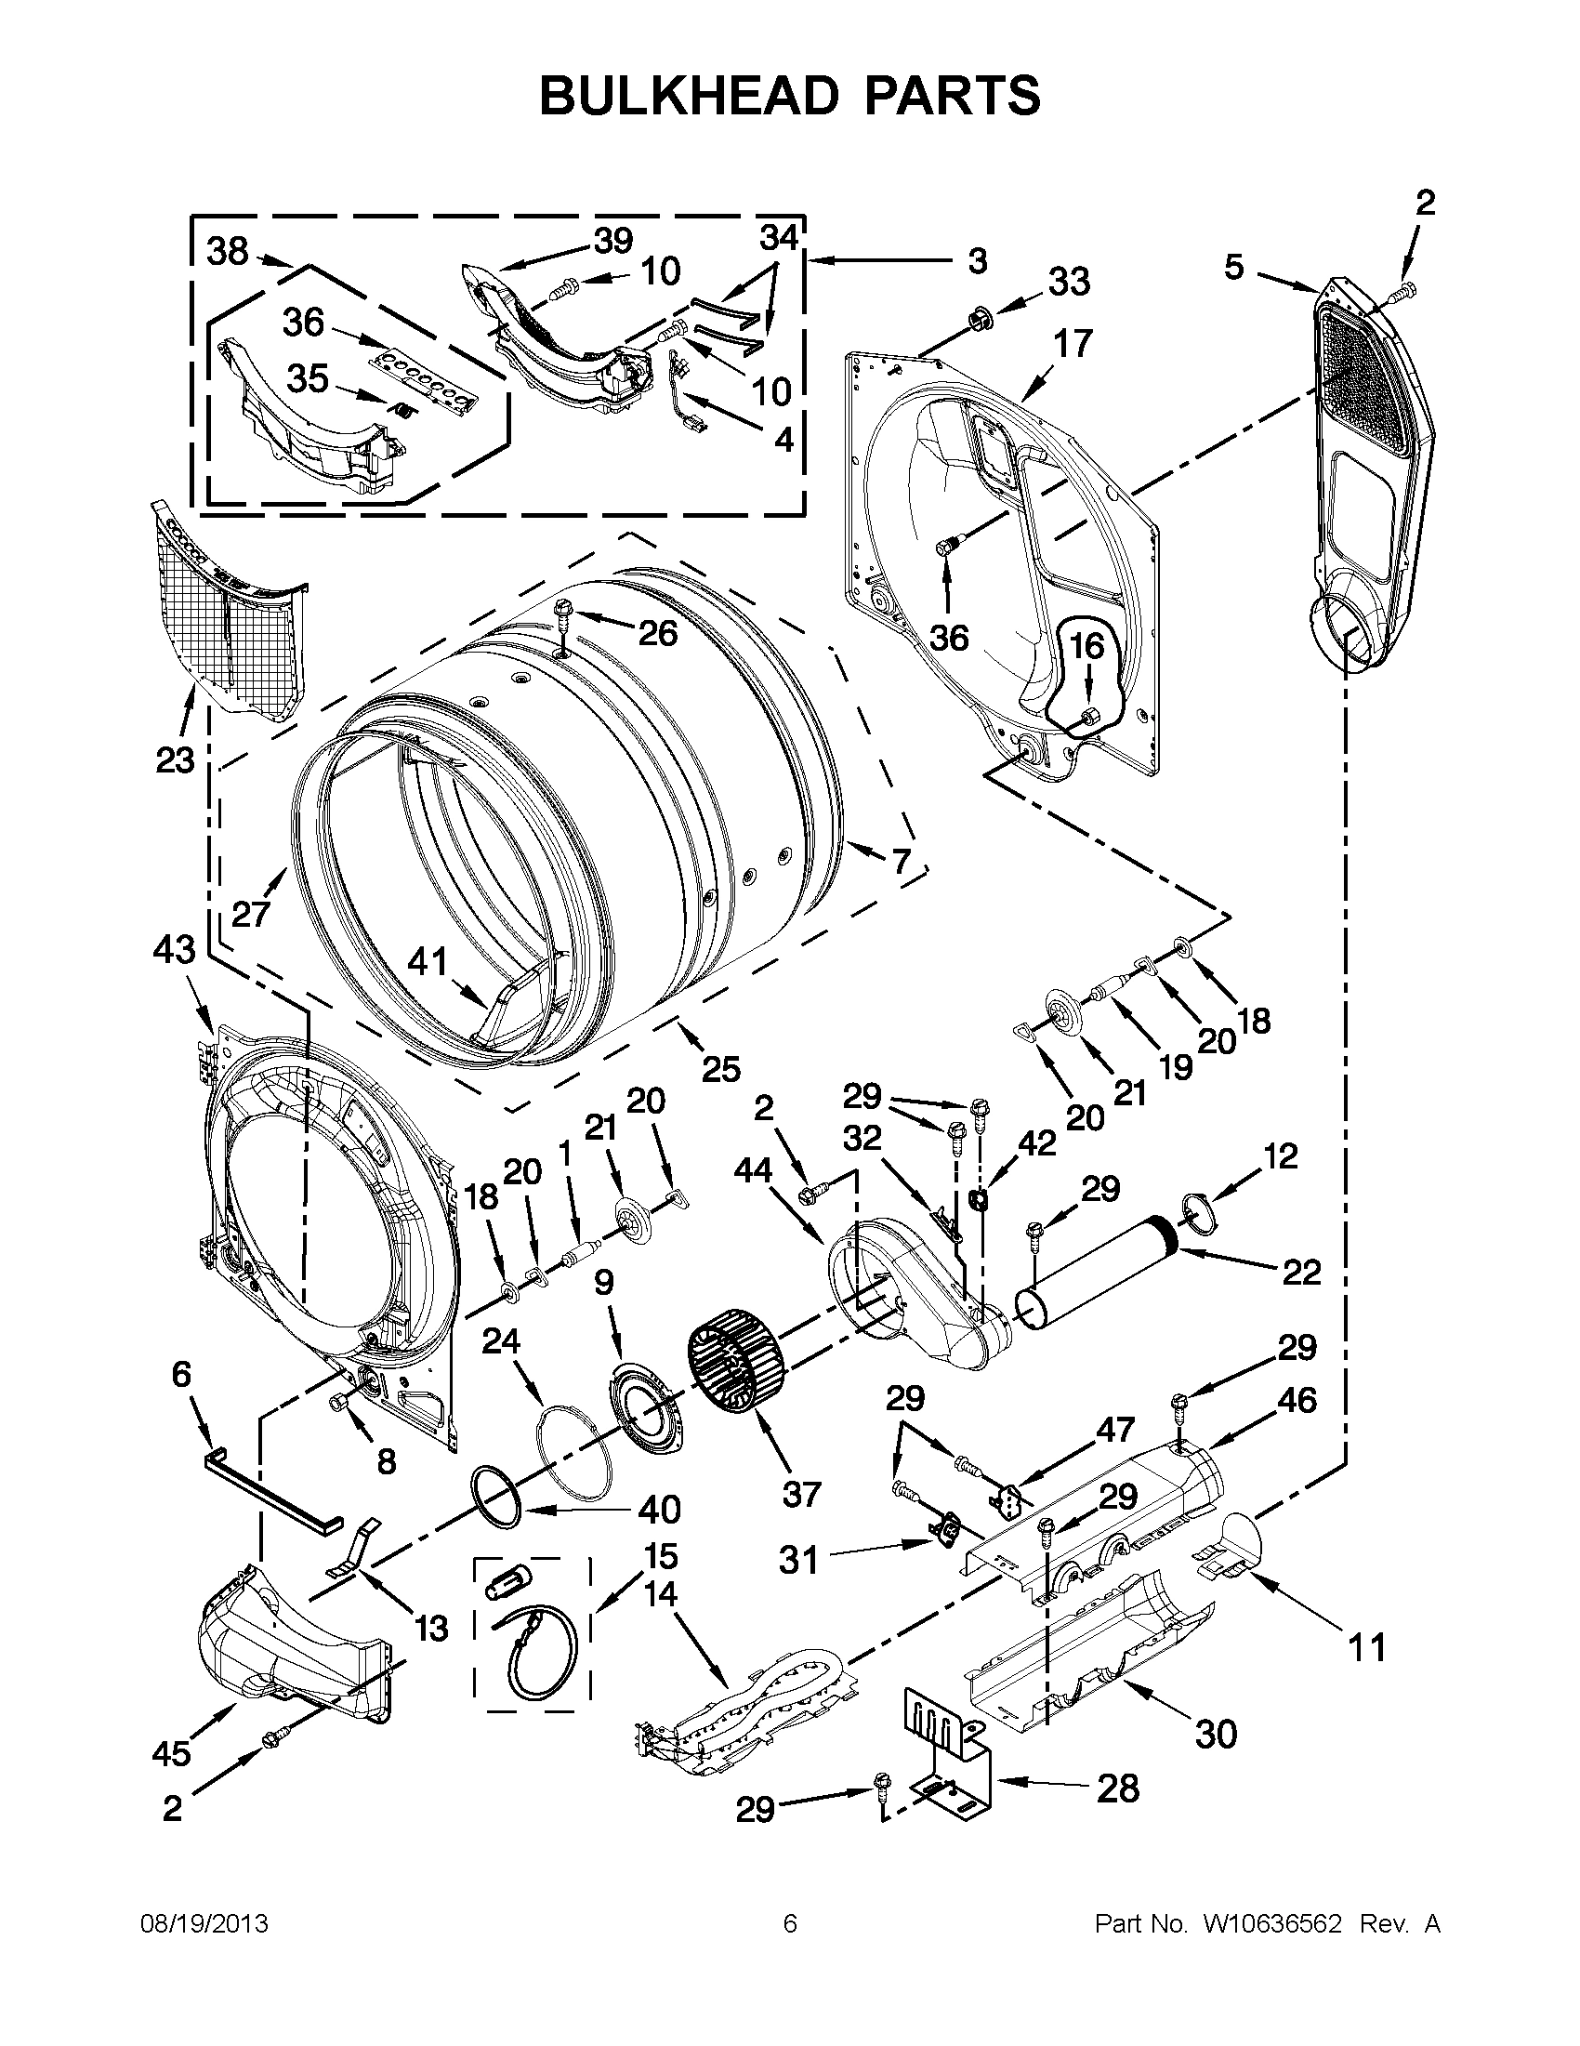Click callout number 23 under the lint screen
point(174,759)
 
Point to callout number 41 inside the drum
point(428,961)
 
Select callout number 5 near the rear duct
point(1234,267)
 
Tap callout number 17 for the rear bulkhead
point(1073,344)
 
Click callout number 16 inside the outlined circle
point(1087,646)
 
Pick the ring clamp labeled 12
point(1202,1211)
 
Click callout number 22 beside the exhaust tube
point(1300,1272)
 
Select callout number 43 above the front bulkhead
point(174,950)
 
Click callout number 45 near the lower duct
point(172,1753)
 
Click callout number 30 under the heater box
point(1216,1734)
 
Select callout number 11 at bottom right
point(1366,1646)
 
